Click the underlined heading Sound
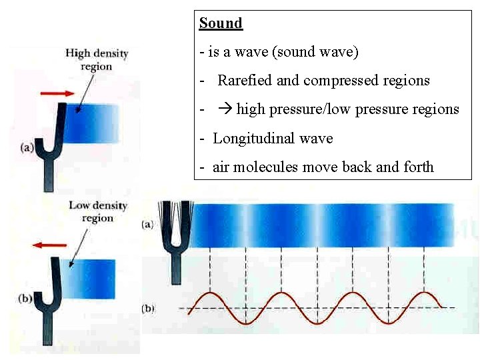[221, 23]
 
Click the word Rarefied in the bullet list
[244, 81]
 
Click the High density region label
[97, 59]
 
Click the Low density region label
[97, 211]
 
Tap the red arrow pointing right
[57, 93]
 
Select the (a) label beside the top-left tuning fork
[28, 148]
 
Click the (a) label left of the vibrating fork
[147, 225]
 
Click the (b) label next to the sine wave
[148, 308]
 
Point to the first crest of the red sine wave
[211, 293]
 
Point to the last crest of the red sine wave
[424, 293]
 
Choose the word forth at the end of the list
[419, 167]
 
